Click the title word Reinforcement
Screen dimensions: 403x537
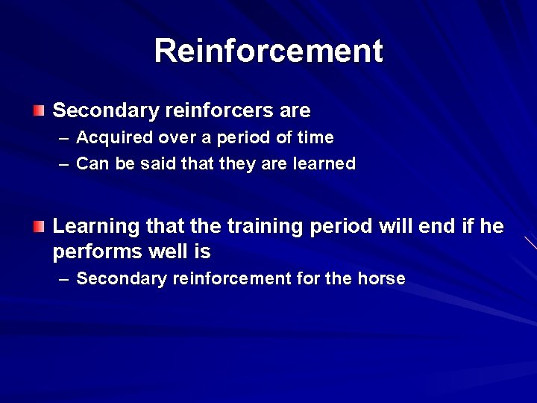coord(268,51)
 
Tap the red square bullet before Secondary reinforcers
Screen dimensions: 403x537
coord(39,111)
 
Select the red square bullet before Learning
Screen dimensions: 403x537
coord(39,225)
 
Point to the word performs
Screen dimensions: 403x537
coord(98,251)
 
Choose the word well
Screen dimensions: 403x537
coord(169,251)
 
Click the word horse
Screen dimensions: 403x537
coord(381,279)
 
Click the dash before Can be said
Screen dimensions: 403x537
coord(64,164)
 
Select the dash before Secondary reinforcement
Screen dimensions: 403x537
coord(64,280)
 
